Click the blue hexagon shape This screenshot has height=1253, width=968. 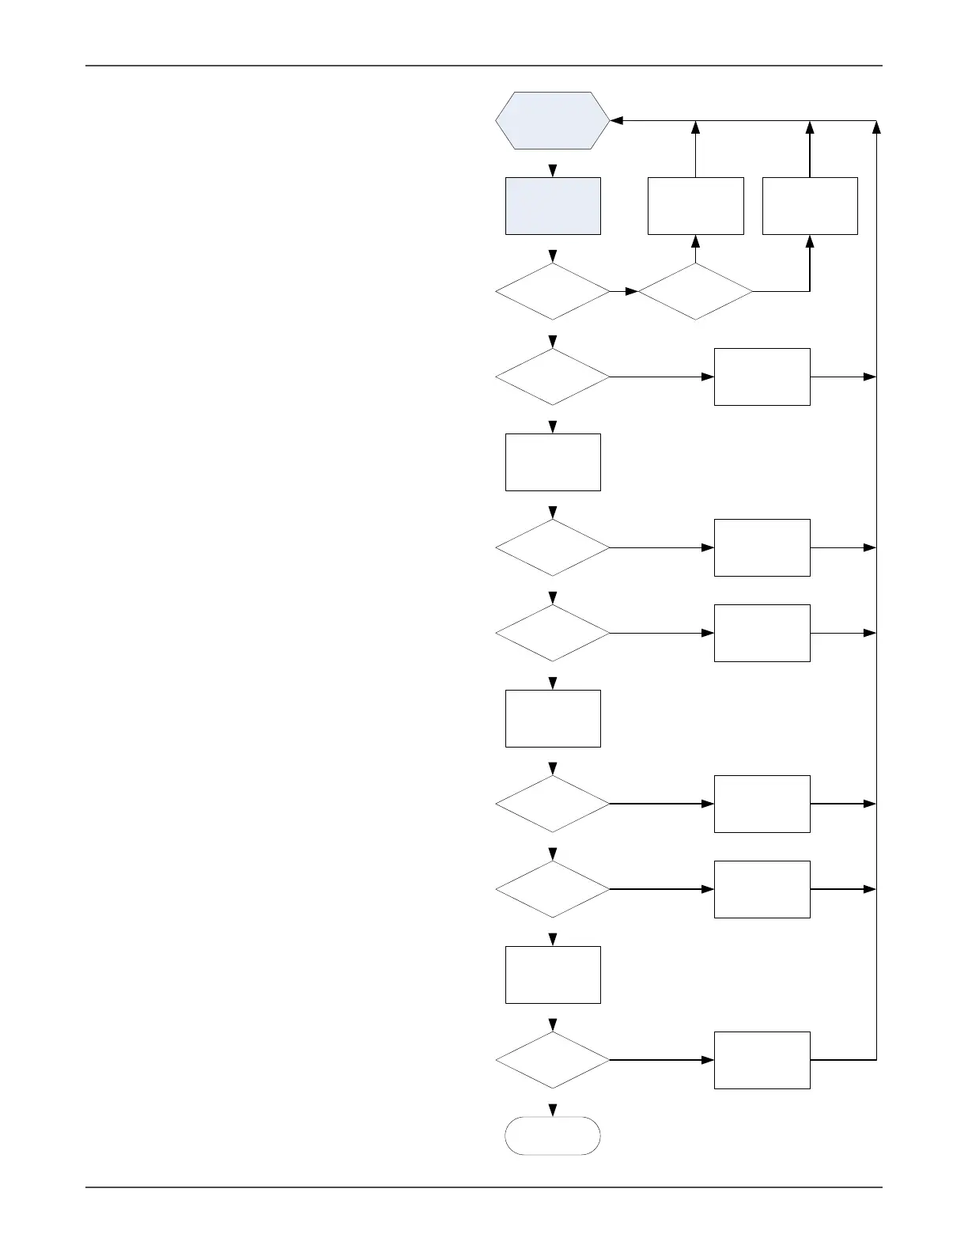click(x=552, y=120)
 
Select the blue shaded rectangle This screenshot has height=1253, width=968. click(x=553, y=206)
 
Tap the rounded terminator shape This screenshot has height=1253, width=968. click(x=553, y=1136)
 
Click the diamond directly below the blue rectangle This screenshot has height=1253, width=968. click(x=553, y=291)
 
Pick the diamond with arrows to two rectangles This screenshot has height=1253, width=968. click(x=695, y=291)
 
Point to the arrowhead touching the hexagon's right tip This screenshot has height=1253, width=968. click(x=618, y=121)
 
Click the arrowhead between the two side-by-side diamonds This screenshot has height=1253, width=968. click(x=632, y=291)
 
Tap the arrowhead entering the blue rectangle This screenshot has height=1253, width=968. click(x=553, y=171)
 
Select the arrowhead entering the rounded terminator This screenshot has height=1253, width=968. click(x=553, y=1110)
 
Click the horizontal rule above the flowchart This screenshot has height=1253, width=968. click(x=483, y=66)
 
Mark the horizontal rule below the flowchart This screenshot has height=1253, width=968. click(x=483, y=1187)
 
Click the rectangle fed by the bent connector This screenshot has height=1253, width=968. click(x=810, y=206)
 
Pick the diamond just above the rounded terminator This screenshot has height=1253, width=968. click(x=553, y=1060)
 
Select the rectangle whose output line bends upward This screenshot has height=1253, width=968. click(x=762, y=1060)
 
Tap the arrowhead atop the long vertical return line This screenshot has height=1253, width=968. click(x=877, y=127)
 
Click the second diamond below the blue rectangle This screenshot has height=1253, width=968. click(x=553, y=377)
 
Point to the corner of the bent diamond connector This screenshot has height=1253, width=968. click(x=810, y=291)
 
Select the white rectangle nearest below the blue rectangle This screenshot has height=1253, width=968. click(x=553, y=462)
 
